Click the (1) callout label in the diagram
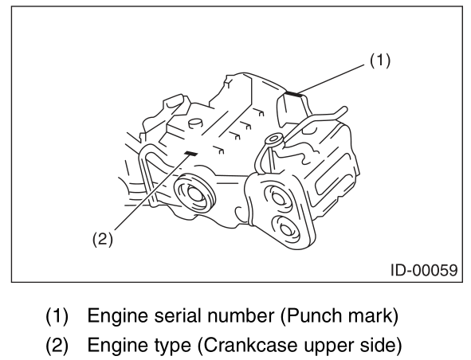[380, 61]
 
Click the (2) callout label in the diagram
[103, 239]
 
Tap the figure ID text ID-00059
[424, 270]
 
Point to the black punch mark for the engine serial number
[292, 94]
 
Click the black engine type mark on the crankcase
[191, 154]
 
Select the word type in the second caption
[173, 346]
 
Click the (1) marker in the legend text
[57, 316]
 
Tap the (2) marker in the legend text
[57, 346]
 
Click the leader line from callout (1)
[332, 79]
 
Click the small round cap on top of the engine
[195, 123]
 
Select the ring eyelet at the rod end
[273, 139]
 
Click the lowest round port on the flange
[286, 229]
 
